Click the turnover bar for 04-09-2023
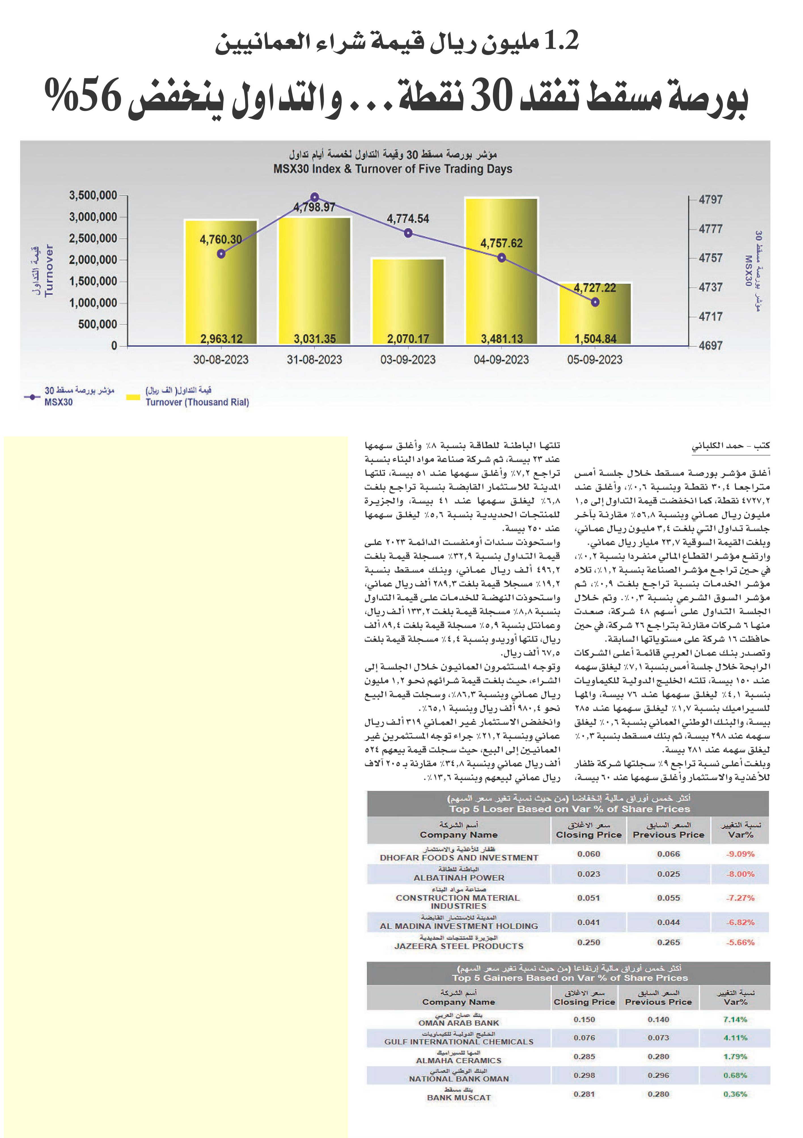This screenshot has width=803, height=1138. (x=501, y=271)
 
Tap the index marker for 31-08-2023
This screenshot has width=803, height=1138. (x=314, y=197)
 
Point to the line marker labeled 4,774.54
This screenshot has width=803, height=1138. (x=408, y=233)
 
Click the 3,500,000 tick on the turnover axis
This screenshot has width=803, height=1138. (x=93, y=195)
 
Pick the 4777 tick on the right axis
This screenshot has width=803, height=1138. (x=710, y=229)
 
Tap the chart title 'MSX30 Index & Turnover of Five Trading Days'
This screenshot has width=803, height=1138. (x=393, y=169)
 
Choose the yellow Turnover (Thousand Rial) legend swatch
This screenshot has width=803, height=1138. (x=133, y=397)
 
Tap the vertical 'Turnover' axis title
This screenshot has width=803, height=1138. (x=48, y=270)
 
